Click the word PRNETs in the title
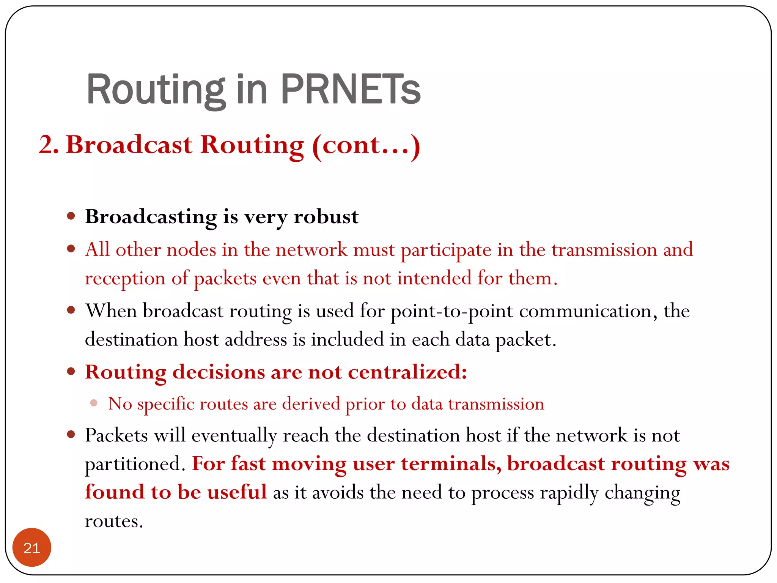point(351,90)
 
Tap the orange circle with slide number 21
point(32,547)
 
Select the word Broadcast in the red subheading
point(129,145)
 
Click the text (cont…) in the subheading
point(366,145)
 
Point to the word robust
point(326,217)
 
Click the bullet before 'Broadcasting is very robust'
point(71,216)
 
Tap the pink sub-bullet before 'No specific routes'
point(94,403)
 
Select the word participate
point(446,250)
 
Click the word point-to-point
point(451,311)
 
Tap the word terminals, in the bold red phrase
point(451,464)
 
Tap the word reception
point(125,279)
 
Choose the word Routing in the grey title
point(156,90)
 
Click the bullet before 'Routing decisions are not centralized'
point(71,371)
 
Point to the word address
point(256,340)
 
